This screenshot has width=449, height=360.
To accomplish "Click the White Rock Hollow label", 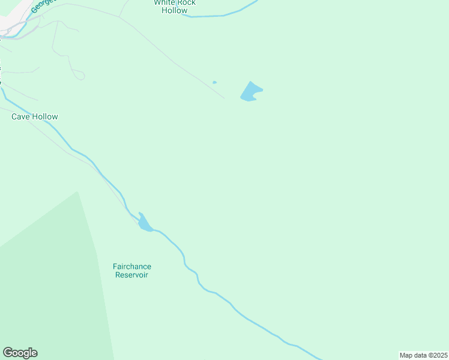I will (174, 7).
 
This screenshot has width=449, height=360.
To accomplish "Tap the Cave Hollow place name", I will (35, 116).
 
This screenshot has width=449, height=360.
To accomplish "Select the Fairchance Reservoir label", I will (131, 271).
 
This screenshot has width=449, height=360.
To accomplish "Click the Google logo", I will (20, 353).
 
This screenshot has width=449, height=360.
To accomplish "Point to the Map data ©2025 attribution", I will (423, 355).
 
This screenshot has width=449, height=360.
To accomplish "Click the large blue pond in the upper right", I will (250, 92).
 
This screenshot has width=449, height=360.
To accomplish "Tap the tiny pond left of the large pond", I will (214, 82).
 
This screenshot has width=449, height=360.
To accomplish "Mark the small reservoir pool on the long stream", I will (144, 224).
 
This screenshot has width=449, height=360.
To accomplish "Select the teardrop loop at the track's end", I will (79, 75).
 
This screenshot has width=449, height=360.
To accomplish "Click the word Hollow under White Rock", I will (174, 11).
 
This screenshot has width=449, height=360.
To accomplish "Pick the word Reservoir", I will (131, 275).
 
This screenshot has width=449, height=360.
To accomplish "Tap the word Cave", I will (22, 116).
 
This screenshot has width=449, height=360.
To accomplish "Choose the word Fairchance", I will (131, 266).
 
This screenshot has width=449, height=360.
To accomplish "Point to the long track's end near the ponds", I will (224, 98).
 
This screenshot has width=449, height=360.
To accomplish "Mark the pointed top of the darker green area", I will (77, 193).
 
